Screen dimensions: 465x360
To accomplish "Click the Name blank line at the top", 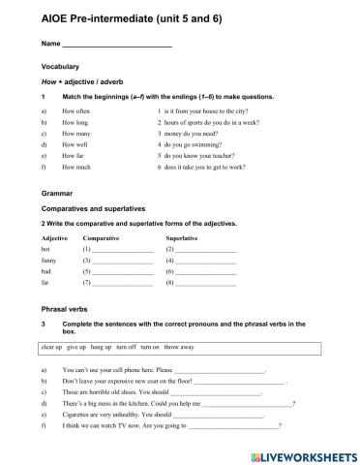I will click(x=116, y=45).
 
